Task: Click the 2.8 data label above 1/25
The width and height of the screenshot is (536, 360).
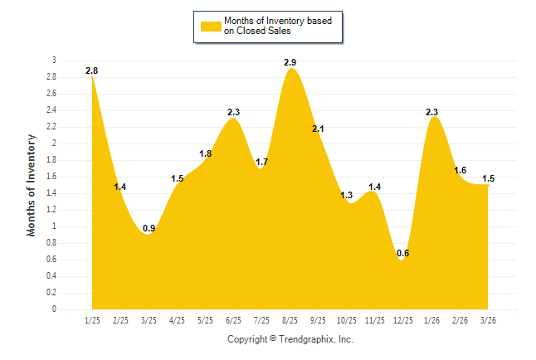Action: tap(92, 71)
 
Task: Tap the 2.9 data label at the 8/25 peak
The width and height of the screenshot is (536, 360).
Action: tap(290, 63)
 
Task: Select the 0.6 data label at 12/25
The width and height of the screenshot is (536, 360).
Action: tap(402, 254)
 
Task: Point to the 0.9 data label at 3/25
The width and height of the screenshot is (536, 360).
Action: tap(149, 229)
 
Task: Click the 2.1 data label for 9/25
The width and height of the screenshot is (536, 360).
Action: tap(319, 129)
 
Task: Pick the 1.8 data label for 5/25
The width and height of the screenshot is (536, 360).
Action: tap(206, 154)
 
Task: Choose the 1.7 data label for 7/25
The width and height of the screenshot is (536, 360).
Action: tap(262, 162)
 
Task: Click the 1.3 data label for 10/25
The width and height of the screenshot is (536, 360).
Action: tap(347, 196)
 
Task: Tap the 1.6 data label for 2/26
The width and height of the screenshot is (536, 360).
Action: tap(460, 171)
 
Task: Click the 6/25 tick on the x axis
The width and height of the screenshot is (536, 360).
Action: tap(233, 320)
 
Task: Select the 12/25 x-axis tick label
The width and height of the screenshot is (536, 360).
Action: tap(402, 320)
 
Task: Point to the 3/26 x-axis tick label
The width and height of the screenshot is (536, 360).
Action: tap(488, 320)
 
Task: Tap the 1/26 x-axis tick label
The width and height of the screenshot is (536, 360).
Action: tap(431, 320)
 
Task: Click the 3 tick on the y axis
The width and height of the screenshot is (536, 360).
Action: tap(54, 61)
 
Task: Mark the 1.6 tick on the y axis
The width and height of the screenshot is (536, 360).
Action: tap(51, 177)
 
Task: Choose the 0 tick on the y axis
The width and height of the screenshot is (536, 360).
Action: tap(54, 309)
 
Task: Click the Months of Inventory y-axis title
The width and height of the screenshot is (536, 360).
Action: tap(32, 185)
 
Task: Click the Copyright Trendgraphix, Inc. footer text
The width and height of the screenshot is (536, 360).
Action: tap(290, 339)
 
